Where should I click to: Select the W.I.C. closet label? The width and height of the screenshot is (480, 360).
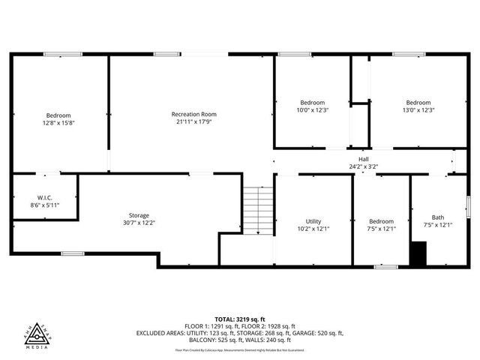45,197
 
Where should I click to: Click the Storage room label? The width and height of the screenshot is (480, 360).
138,215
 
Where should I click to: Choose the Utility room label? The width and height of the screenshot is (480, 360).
313,221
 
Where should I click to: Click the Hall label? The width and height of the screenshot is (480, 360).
363,159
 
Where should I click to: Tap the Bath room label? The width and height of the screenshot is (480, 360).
437,217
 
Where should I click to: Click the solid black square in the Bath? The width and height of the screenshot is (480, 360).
418,253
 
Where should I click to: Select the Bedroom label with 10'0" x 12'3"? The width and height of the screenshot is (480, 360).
313,103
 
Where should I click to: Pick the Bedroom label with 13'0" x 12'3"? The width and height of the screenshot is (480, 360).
418,103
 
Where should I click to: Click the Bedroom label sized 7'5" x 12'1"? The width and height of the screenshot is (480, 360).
381,221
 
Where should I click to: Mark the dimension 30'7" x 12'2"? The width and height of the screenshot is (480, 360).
138,223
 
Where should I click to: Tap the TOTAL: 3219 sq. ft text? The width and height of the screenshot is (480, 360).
239,319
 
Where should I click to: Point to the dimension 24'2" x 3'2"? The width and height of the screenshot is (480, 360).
363,166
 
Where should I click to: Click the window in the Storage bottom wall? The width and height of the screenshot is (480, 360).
73,253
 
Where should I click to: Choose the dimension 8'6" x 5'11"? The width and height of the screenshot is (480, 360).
45,205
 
